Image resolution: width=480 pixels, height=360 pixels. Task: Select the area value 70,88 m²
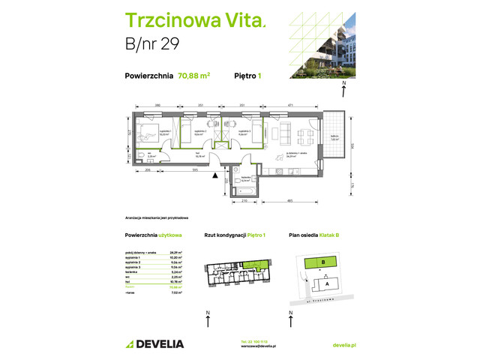pyautogui.click(x=193, y=75)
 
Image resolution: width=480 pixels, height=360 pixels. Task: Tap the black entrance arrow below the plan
pyautogui.click(x=217, y=176)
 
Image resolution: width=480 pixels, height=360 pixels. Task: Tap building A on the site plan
pyautogui.click(x=327, y=283)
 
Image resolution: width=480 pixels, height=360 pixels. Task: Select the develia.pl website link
pyautogui.click(x=343, y=344)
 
